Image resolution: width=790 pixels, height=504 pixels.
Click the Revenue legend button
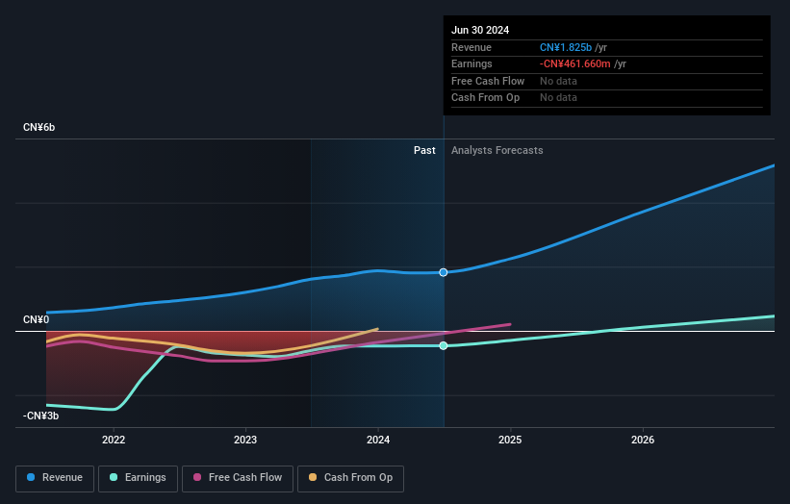pyautogui.click(x=55, y=478)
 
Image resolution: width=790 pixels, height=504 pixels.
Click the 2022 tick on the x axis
pyautogui.click(x=114, y=441)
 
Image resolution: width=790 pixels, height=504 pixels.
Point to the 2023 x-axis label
pyautogui.click(x=245, y=441)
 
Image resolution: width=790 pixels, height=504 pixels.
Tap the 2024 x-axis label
pyautogui.click(x=378, y=441)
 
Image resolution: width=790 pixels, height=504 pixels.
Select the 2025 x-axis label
pyautogui.click(x=510, y=441)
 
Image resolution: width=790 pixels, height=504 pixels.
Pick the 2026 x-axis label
pyautogui.click(x=643, y=441)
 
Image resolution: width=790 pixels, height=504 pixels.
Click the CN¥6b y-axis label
pyautogui.click(x=39, y=128)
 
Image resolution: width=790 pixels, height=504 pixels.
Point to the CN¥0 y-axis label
pyautogui.click(x=37, y=319)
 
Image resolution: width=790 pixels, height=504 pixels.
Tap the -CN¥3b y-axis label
pyautogui.click(x=42, y=416)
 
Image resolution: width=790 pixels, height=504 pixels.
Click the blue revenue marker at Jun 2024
pyautogui.click(x=444, y=272)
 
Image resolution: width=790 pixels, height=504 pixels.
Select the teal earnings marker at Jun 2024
pyautogui.click(x=444, y=345)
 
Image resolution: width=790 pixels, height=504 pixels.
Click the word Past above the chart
pyautogui.click(x=424, y=151)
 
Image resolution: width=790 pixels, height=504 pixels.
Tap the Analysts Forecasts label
pyautogui.click(x=497, y=151)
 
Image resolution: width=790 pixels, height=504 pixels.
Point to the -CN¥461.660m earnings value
pyautogui.click(x=575, y=63)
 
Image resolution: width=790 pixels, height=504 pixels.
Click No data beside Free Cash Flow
pyautogui.click(x=558, y=81)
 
